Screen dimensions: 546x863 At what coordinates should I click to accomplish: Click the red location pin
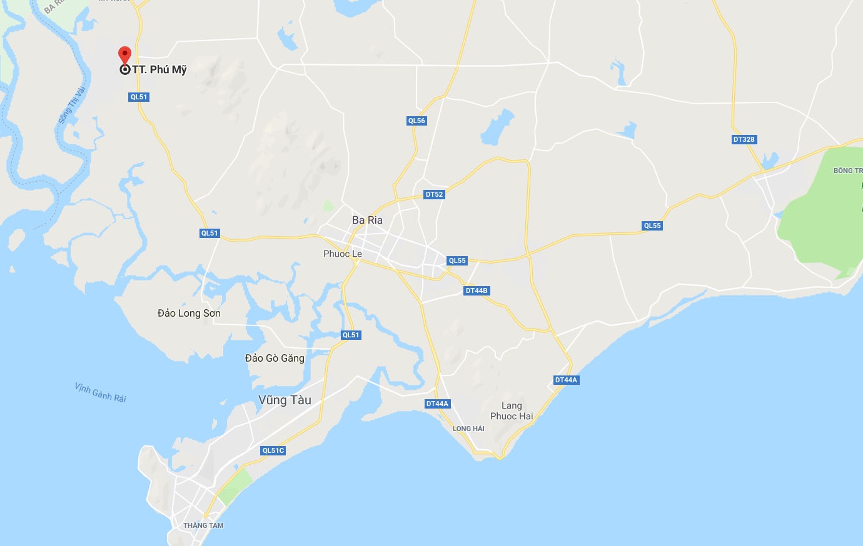tap(124, 54)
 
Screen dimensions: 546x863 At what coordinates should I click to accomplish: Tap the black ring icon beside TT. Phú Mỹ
tap(124, 69)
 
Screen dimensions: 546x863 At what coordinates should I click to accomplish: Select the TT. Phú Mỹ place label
tap(159, 69)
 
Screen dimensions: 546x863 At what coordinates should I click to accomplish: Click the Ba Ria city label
tap(367, 220)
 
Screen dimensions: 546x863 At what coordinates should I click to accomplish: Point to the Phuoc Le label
tap(342, 254)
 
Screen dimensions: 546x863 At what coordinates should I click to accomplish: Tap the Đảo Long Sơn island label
tap(189, 313)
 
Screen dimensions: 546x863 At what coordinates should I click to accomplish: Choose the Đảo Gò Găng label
tap(275, 358)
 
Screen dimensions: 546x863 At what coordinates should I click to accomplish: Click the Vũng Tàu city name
tap(285, 400)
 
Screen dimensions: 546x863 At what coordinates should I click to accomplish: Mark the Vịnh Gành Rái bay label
tap(101, 392)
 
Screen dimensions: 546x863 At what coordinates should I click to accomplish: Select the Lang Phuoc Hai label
tap(512, 411)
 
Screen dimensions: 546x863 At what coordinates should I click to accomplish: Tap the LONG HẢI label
tap(468, 429)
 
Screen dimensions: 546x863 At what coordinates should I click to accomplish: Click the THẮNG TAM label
tap(203, 525)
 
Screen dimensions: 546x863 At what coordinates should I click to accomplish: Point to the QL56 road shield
tap(416, 121)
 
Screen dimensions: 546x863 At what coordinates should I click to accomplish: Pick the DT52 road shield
tap(434, 194)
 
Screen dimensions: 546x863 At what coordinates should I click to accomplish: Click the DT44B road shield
tap(477, 290)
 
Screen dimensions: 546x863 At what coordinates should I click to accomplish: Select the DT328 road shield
tap(744, 139)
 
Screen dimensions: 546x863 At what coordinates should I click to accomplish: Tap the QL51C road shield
tap(273, 450)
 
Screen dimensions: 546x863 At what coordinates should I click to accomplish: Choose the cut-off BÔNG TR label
tap(847, 171)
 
